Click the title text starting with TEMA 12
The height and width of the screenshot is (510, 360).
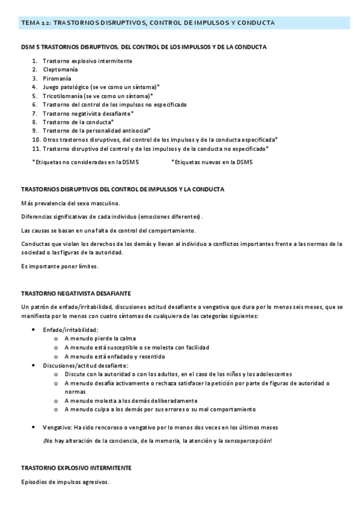pos(148,23)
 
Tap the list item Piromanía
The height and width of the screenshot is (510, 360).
pos(56,78)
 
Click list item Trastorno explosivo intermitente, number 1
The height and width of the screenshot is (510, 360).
pos(88,61)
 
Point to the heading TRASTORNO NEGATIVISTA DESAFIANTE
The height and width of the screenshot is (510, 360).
pos(76,293)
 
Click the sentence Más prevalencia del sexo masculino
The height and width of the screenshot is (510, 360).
pos(70,203)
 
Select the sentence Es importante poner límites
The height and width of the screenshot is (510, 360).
pos(59,266)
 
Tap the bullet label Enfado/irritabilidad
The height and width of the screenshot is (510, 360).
pos(70,330)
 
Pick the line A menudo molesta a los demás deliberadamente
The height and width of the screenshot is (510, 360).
pos(130,401)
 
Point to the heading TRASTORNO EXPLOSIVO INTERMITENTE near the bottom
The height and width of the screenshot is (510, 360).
pos(76,467)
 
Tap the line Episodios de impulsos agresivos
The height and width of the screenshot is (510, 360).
pos(65,481)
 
